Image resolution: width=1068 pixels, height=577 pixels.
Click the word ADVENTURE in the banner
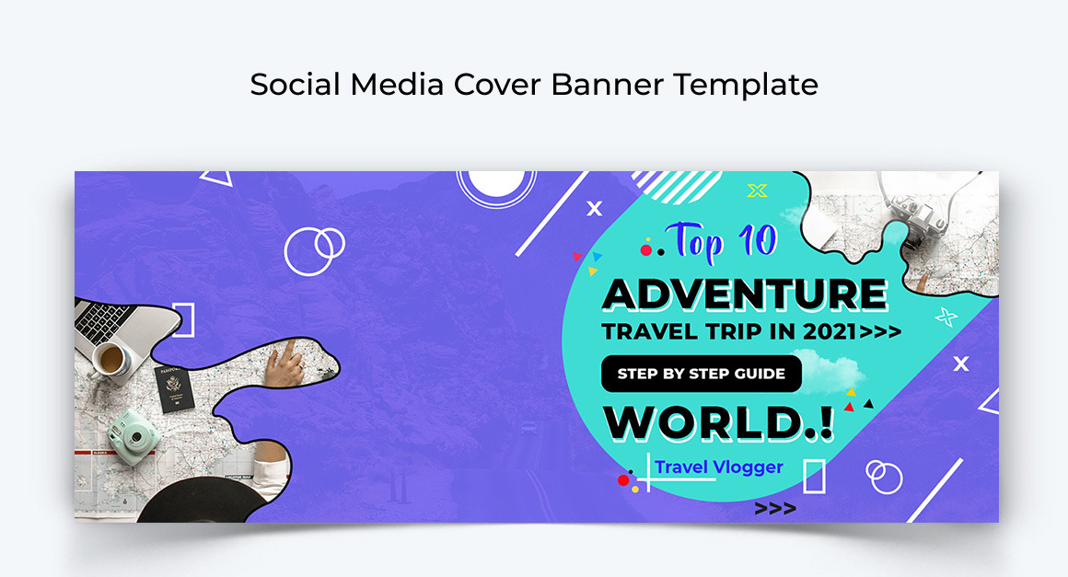tap(745, 294)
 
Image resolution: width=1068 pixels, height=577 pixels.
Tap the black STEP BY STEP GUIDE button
tap(701, 374)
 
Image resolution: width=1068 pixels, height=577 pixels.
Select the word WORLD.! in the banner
tap(718, 423)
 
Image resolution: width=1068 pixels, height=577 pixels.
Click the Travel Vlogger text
tap(718, 467)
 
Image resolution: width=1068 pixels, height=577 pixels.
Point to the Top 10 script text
tap(722, 241)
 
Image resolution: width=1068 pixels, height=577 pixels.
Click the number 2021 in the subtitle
tap(830, 331)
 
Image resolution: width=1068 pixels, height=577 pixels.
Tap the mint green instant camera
tap(133, 436)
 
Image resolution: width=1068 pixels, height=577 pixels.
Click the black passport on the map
tap(173, 387)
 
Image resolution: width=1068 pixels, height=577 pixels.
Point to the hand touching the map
tap(284, 365)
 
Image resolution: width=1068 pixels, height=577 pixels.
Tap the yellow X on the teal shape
tap(757, 190)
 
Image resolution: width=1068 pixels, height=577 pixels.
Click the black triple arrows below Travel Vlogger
tap(775, 509)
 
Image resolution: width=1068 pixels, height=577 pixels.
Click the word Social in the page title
tap(295, 85)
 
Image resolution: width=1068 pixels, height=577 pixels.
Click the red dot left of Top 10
tap(645, 250)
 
